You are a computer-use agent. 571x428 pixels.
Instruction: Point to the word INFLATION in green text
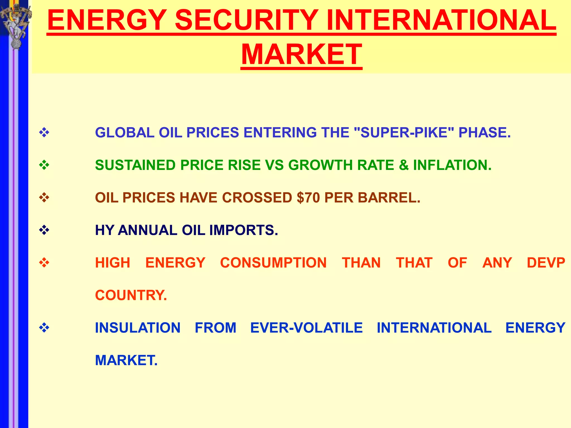pos(452,165)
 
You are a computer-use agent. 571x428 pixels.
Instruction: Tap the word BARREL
pos(389,198)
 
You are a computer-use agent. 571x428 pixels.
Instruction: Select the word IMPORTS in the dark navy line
pos(243,230)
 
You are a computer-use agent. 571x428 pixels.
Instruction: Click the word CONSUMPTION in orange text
pos(273,263)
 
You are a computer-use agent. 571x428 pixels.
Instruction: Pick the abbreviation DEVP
pos(546,263)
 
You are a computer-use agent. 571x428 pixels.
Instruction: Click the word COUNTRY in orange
pos(131,295)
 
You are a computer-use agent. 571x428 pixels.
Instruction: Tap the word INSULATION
pos(138,328)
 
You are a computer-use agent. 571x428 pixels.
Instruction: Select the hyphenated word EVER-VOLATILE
pos(306,328)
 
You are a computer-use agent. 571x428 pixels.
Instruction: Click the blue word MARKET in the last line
pos(126,361)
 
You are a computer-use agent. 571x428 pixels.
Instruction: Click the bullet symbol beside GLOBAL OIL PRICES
pos(44,133)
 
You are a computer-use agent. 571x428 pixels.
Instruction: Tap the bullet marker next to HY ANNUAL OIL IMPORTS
pos(44,230)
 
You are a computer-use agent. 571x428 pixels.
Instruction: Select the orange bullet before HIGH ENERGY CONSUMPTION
pos(44,263)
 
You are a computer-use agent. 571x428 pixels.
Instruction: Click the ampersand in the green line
pos(403,165)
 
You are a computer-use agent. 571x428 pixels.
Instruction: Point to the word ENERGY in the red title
pos(107,20)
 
